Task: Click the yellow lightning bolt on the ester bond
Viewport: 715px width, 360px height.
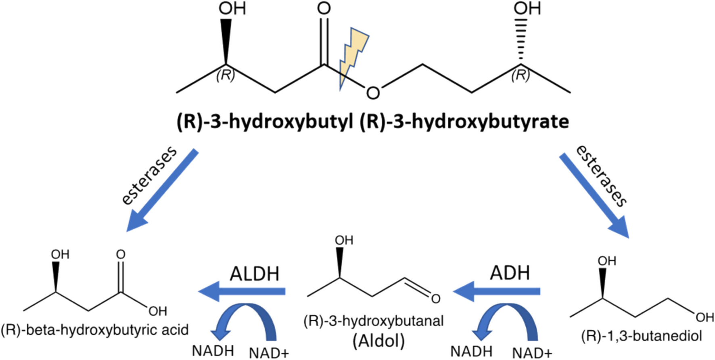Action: (353, 57)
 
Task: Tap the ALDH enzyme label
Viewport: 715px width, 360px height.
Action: (255, 274)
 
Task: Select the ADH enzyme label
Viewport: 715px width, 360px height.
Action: (510, 273)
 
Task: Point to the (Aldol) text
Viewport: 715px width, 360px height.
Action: (378, 341)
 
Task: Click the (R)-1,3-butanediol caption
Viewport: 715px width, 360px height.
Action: (642, 336)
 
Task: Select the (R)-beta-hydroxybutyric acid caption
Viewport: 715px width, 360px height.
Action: (94, 330)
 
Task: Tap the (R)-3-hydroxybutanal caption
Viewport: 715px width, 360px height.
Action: (373, 321)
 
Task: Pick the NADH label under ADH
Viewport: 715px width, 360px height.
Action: (471, 352)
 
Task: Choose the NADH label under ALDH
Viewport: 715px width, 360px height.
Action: (213, 351)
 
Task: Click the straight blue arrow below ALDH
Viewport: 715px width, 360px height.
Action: (242, 291)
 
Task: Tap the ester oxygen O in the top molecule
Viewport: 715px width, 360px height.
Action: (373, 93)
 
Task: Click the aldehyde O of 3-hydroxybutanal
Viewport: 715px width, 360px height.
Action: (435, 299)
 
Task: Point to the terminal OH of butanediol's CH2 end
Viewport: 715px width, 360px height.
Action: (705, 318)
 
